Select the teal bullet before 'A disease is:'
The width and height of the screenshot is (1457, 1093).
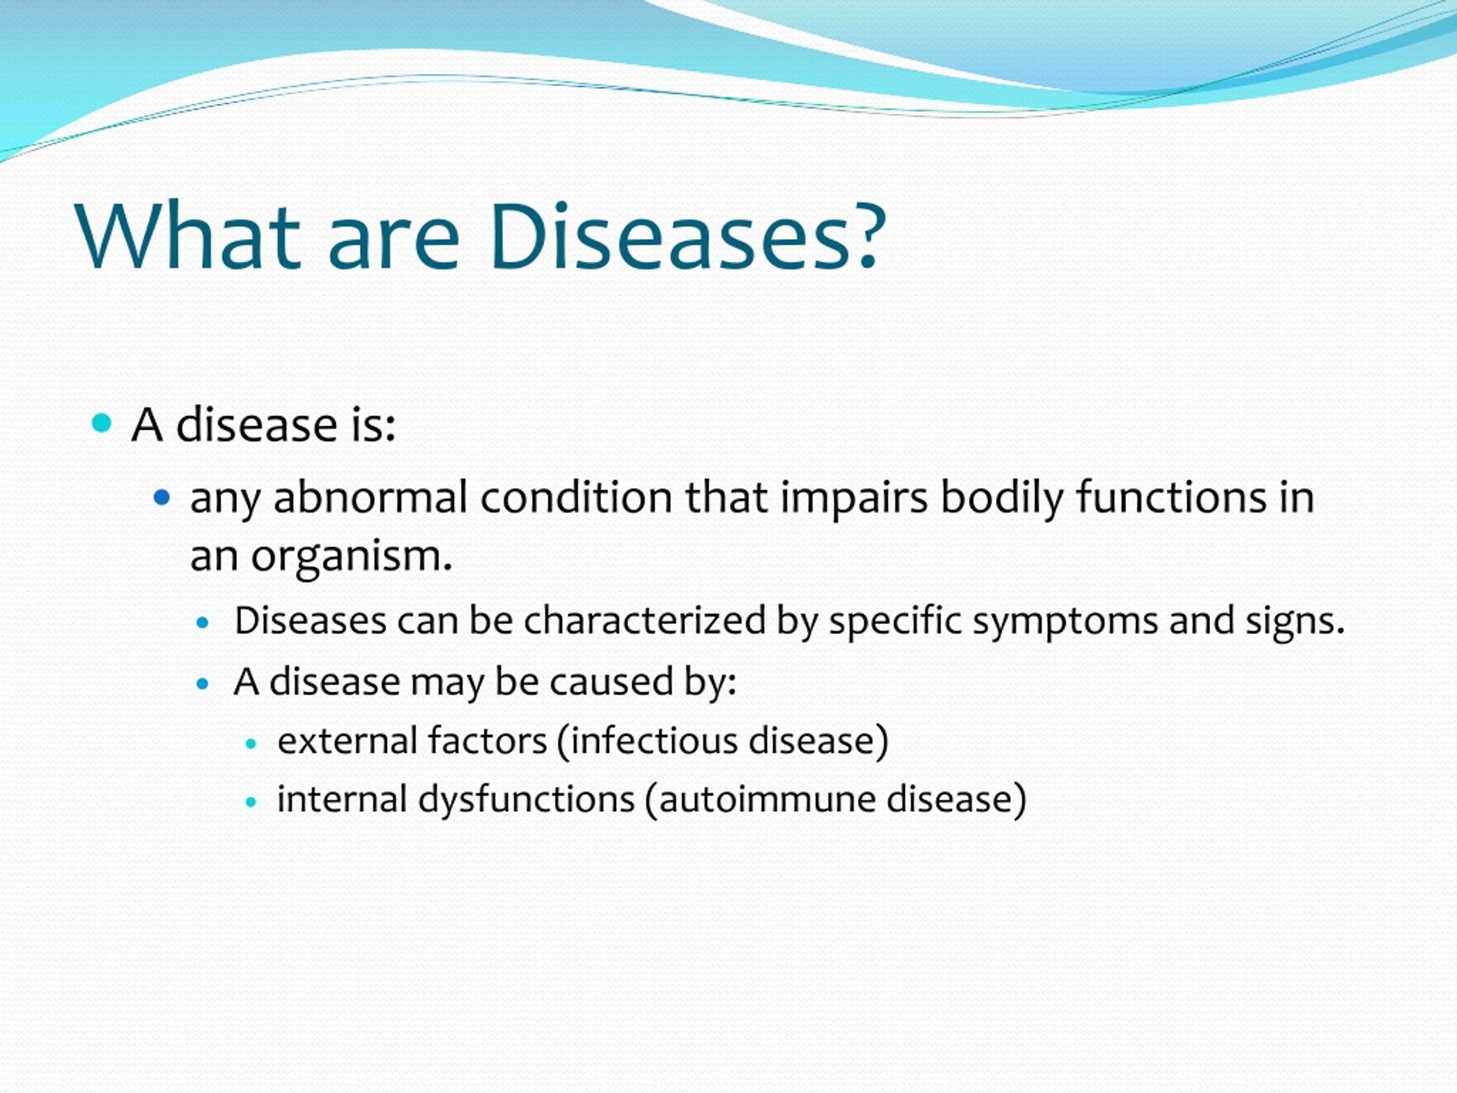[x=101, y=423]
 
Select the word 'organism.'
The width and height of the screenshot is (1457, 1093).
[x=351, y=557]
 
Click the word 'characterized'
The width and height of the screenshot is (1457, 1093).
[x=645, y=621]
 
